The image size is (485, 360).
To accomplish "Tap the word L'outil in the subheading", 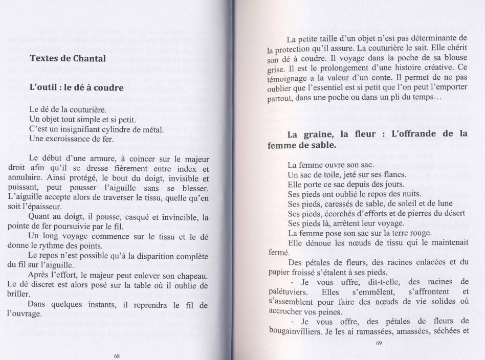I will point(43,87).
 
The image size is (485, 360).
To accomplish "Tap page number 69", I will point(378,343).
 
